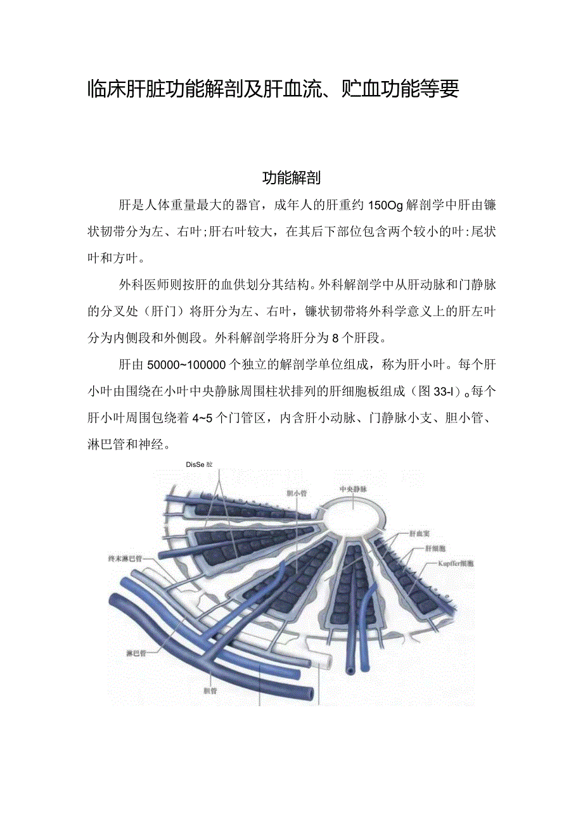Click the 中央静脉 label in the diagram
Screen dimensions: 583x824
353,489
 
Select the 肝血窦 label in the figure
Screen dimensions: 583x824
421,534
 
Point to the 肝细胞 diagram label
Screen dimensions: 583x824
436,548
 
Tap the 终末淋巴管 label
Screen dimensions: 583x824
125,559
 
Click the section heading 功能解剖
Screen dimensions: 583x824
291,177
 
